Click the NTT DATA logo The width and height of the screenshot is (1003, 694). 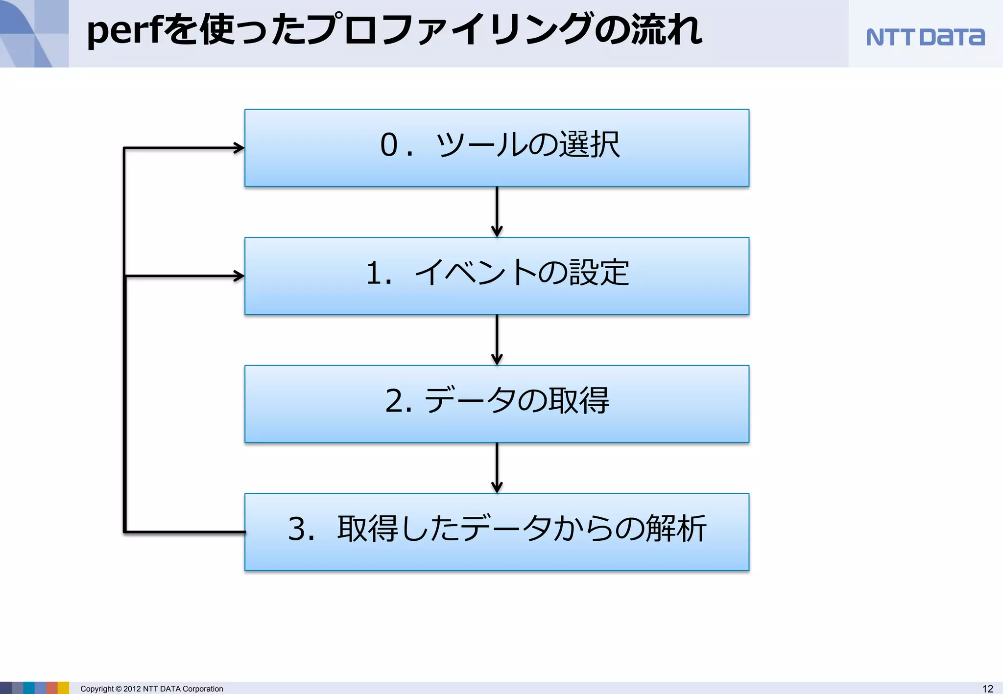pyautogui.click(x=925, y=37)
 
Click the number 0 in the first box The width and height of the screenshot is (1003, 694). pyautogui.click(x=389, y=145)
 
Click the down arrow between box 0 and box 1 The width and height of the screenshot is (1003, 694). pyautogui.click(x=497, y=212)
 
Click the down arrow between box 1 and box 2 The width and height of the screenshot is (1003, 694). pyautogui.click(x=497, y=340)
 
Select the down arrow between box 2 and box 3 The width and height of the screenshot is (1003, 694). pyautogui.click(x=497, y=468)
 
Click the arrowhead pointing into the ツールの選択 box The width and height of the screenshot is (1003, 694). pyautogui.click(x=239, y=148)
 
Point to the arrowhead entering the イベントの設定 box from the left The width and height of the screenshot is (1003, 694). pyautogui.click(x=239, y=276)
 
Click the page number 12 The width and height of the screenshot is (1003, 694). pyautogui.click(x=987, y=689)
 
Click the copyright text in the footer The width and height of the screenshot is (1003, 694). pyautogui.click(x=151, y=689)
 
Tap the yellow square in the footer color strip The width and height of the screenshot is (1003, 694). pyautogui.click(x=63, y=688)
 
